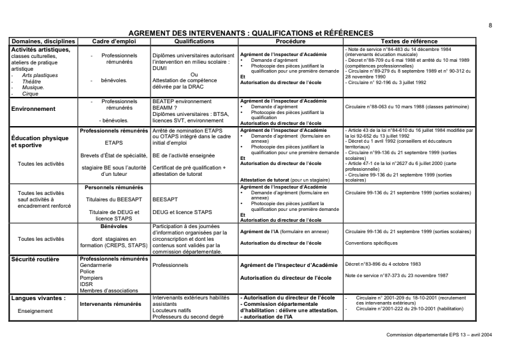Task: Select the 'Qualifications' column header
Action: (193, 41)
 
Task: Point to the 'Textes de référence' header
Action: (409, 41)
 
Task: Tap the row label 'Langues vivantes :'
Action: (39, 298)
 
